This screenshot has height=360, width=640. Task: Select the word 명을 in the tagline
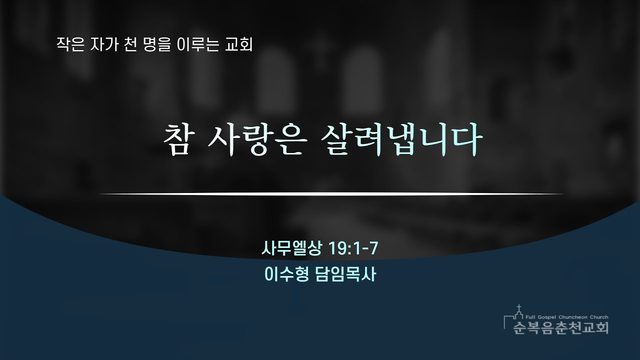tap(157, 44)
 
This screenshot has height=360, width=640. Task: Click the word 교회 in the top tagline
tap(239, 44)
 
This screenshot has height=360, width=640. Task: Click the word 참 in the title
tap(178, 140)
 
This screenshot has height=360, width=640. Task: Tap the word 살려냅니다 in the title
tap(401, 140)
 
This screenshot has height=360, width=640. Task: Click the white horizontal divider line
tap(331, 194)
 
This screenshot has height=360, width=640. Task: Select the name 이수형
tap(287, 274)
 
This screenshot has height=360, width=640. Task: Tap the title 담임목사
tap(345, 274)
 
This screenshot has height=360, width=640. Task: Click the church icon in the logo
tap(519, 312)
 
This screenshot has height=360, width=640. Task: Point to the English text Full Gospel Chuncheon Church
tap(567, 317)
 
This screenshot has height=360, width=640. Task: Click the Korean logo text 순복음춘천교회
tap(561, 327)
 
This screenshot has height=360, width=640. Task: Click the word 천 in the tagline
tap(130, 44)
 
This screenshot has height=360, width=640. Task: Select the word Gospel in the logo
tap(545, 317)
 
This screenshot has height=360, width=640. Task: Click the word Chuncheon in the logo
tap(572, 317)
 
